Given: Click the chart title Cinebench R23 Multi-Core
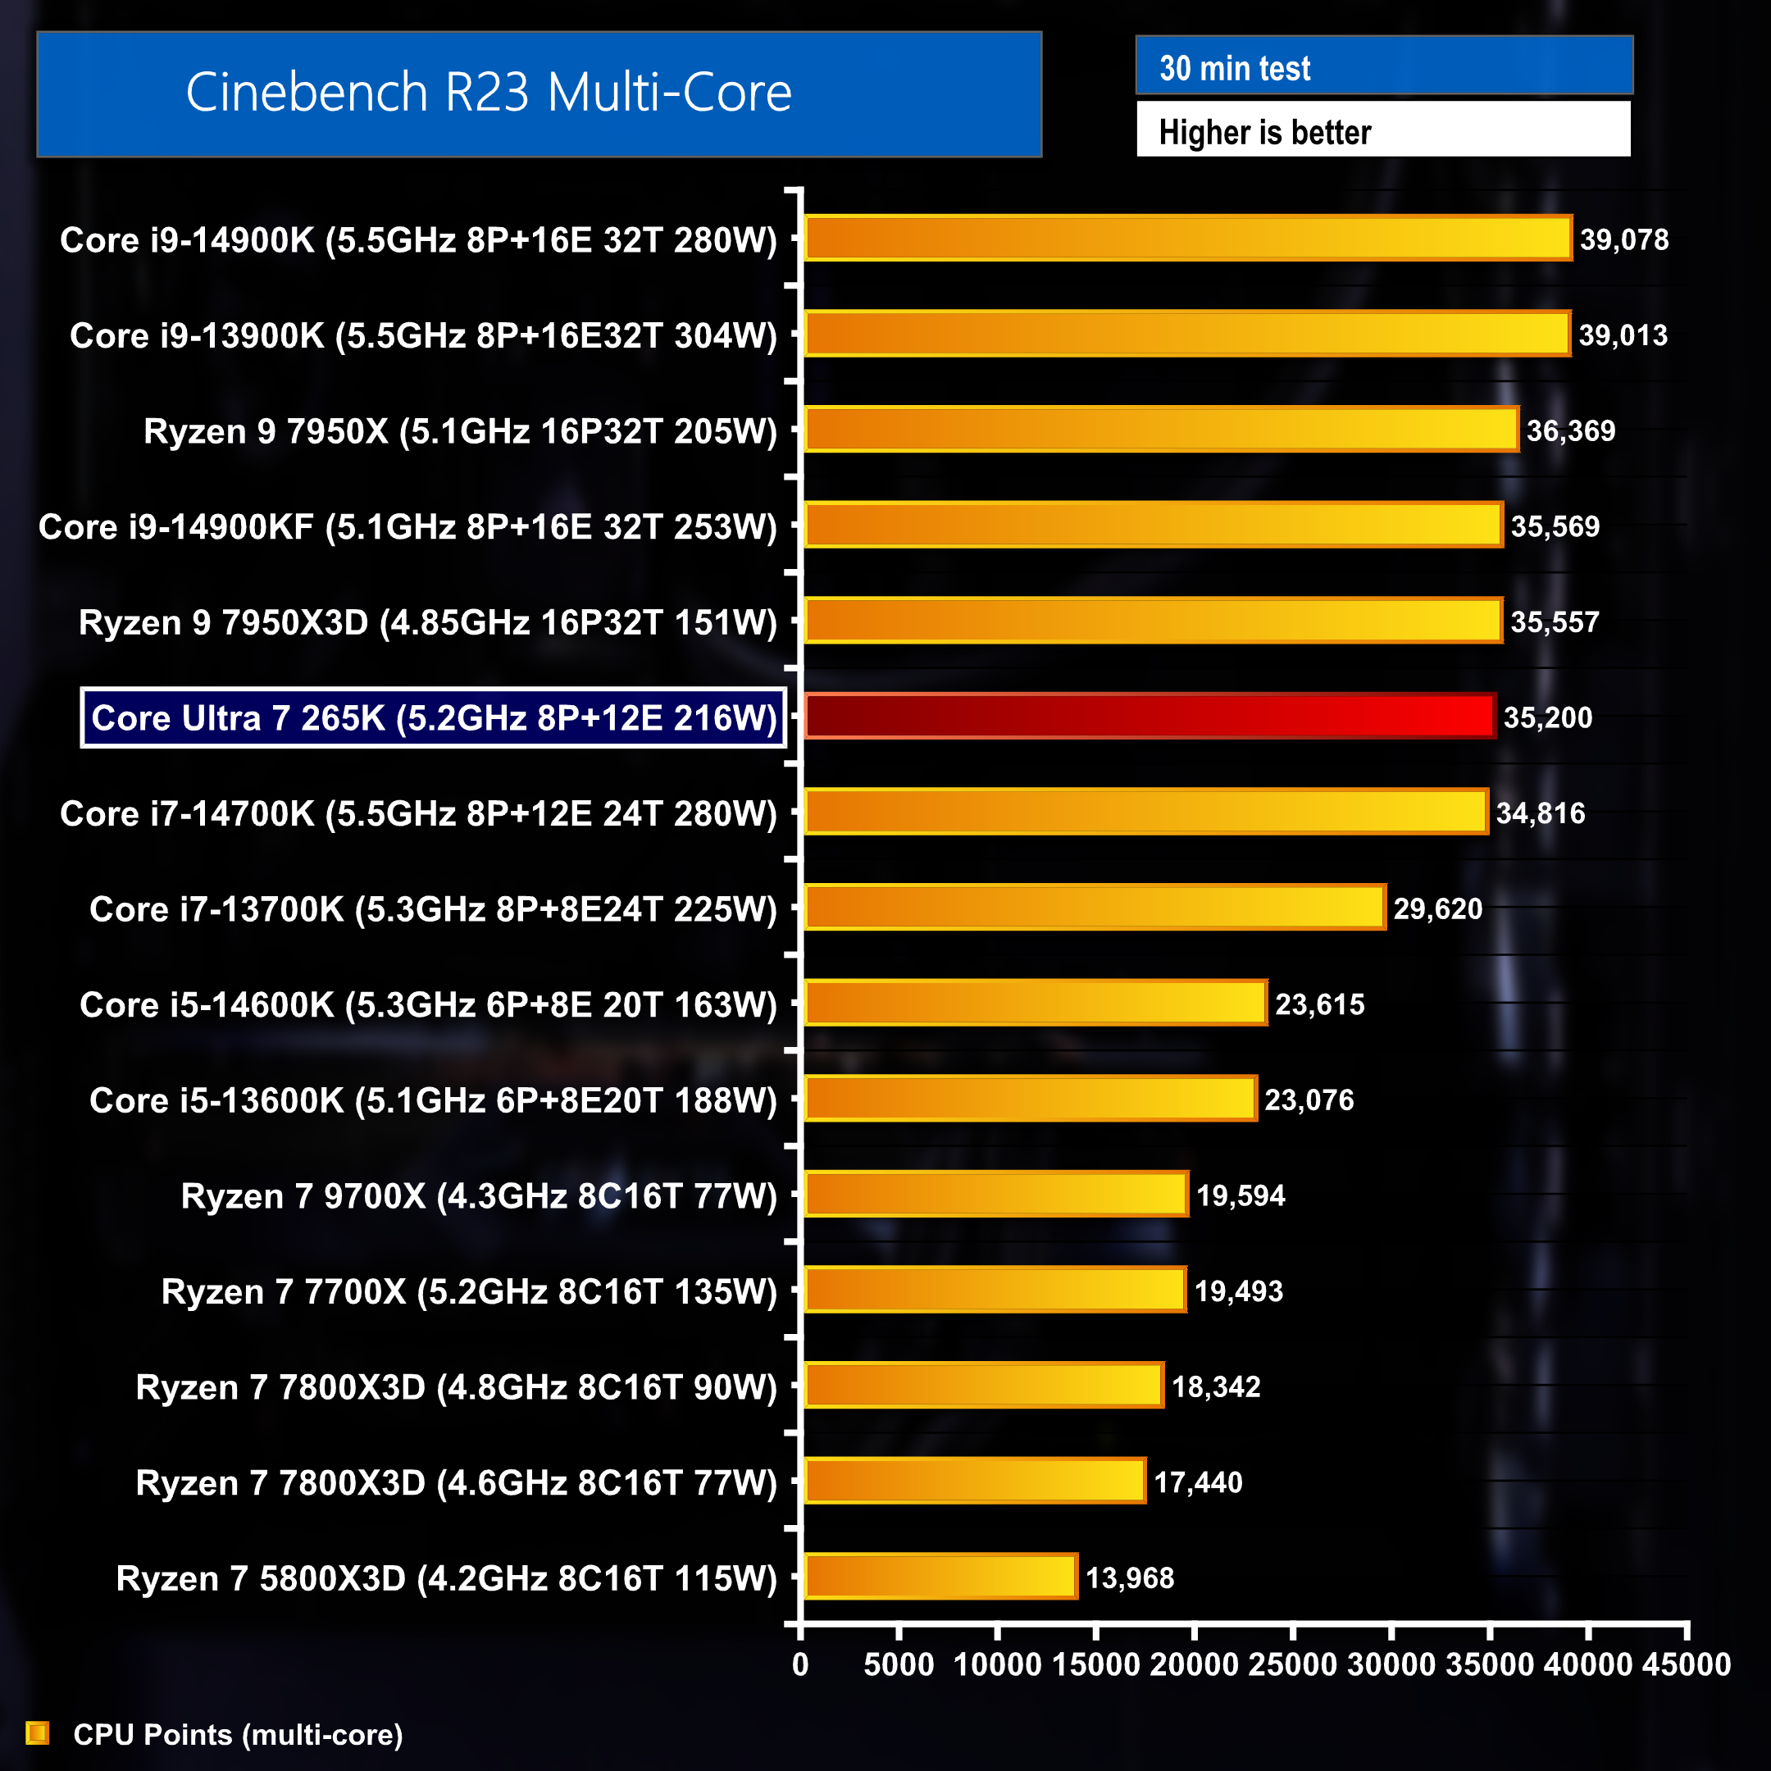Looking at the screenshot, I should (x=489, y=93).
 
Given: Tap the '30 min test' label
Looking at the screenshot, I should (x=1235, y=68).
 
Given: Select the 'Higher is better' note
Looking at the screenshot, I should (x=1264, y=132).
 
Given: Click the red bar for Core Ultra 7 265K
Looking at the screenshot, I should (x=1150, y=717).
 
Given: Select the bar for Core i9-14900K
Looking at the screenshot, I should (x=1188, y=239).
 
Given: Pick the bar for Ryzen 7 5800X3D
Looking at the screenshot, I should (x=940, y=1577).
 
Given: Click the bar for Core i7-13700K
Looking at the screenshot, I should (x=1095, y=908).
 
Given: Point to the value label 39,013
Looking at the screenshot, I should (x=1623, y=335).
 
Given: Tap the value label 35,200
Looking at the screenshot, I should (x=1547, y=717).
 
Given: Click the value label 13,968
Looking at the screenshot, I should (x=1129, y=1578).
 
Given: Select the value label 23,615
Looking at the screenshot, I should (x=1319, y=1004).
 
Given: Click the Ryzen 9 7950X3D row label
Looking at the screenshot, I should (x=427, y=621).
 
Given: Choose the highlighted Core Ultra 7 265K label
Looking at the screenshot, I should (x=434, y=717).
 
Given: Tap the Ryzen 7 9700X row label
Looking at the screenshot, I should (x=479, y=1195).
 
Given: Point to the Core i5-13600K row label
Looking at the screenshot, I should (x=433, y=1099).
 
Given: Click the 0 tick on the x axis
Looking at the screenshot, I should (x=800, y=1664).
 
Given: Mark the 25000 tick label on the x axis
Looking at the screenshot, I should (x=1292, y=1664).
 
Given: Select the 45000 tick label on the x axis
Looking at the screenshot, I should (x=1686, y=1664).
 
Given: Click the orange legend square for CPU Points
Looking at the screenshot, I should (x=38, y=1732).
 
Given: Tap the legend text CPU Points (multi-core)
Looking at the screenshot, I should (x=238, y=1734).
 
